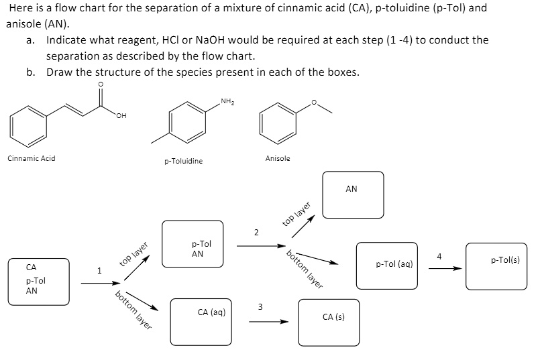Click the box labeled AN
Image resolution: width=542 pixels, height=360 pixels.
(x=353, y=194)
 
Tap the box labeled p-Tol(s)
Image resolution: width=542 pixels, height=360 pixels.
(x=496, y=265)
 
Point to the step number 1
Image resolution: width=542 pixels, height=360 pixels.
(x=99, y=271)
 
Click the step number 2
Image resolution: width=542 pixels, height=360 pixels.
(x=256, y=233)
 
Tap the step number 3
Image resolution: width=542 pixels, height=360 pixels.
(x=260, y=308)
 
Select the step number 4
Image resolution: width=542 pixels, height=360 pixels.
(x=439, y=256)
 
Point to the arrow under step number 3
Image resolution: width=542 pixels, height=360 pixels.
(x=268, y=321)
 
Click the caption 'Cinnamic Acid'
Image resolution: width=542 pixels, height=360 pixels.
(x=32, y=158)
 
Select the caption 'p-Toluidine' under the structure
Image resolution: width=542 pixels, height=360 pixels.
(x=183, y=162)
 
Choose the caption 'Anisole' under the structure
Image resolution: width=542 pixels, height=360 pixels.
(x=278, y=158)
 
